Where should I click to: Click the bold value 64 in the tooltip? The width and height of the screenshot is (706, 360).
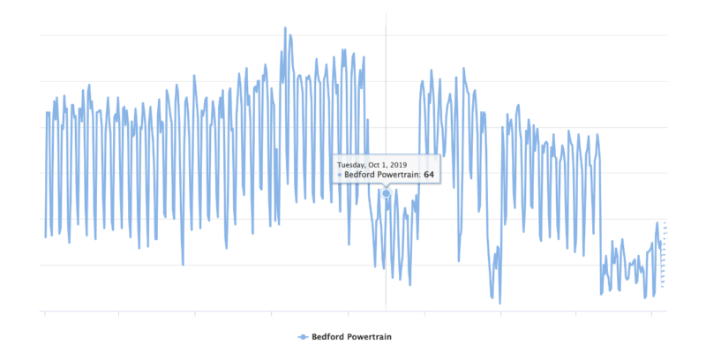coord(429,175)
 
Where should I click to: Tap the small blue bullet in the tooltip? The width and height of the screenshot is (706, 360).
coord(340,175)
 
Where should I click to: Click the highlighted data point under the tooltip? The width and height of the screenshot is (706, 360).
coord(386,193)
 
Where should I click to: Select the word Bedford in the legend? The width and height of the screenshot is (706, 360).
coord(329,337)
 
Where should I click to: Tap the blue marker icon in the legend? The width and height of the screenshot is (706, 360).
coord(303,337)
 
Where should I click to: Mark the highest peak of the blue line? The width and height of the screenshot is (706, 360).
coord(285,27)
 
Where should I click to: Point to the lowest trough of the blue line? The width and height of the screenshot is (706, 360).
coord(499,304)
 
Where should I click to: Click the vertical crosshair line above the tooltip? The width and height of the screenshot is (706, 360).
coord(386,88)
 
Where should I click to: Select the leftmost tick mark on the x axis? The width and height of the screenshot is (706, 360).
coord(44,313)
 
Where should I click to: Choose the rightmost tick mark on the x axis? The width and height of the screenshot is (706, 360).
coord(651,313)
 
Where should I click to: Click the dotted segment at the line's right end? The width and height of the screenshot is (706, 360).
coord(663,256)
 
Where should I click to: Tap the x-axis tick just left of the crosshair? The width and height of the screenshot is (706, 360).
coord(348,313)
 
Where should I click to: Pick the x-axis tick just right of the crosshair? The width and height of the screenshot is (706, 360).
coord(424,313)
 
